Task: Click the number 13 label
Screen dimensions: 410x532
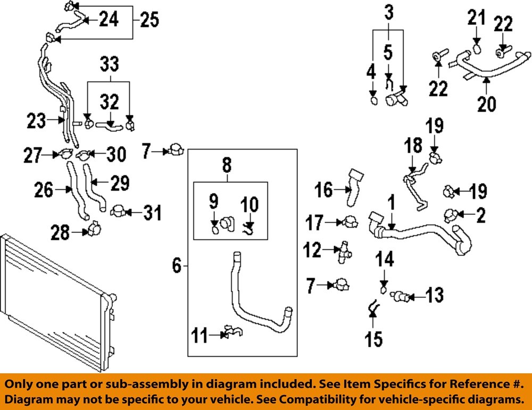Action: click(x=435, y=295)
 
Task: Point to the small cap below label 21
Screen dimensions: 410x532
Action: click(x=477, y=49)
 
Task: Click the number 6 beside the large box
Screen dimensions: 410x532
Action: click(x=177, y=265)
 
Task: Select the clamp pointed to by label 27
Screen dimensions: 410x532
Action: click(x=66, y=154)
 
